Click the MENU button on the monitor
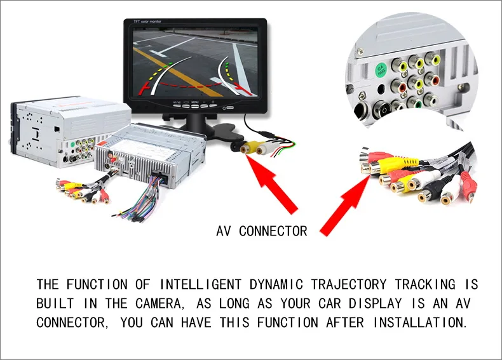click(195, 102)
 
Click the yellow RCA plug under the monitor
click(247, 148)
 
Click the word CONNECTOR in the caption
click(273, 231)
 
